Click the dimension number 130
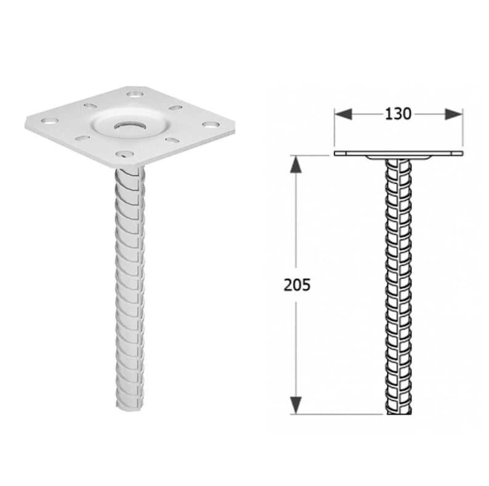(x=398, y=114)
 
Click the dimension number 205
(x=297, y=285)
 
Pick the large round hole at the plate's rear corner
(x=134, y=94)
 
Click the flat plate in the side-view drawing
(x=398, y=152)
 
